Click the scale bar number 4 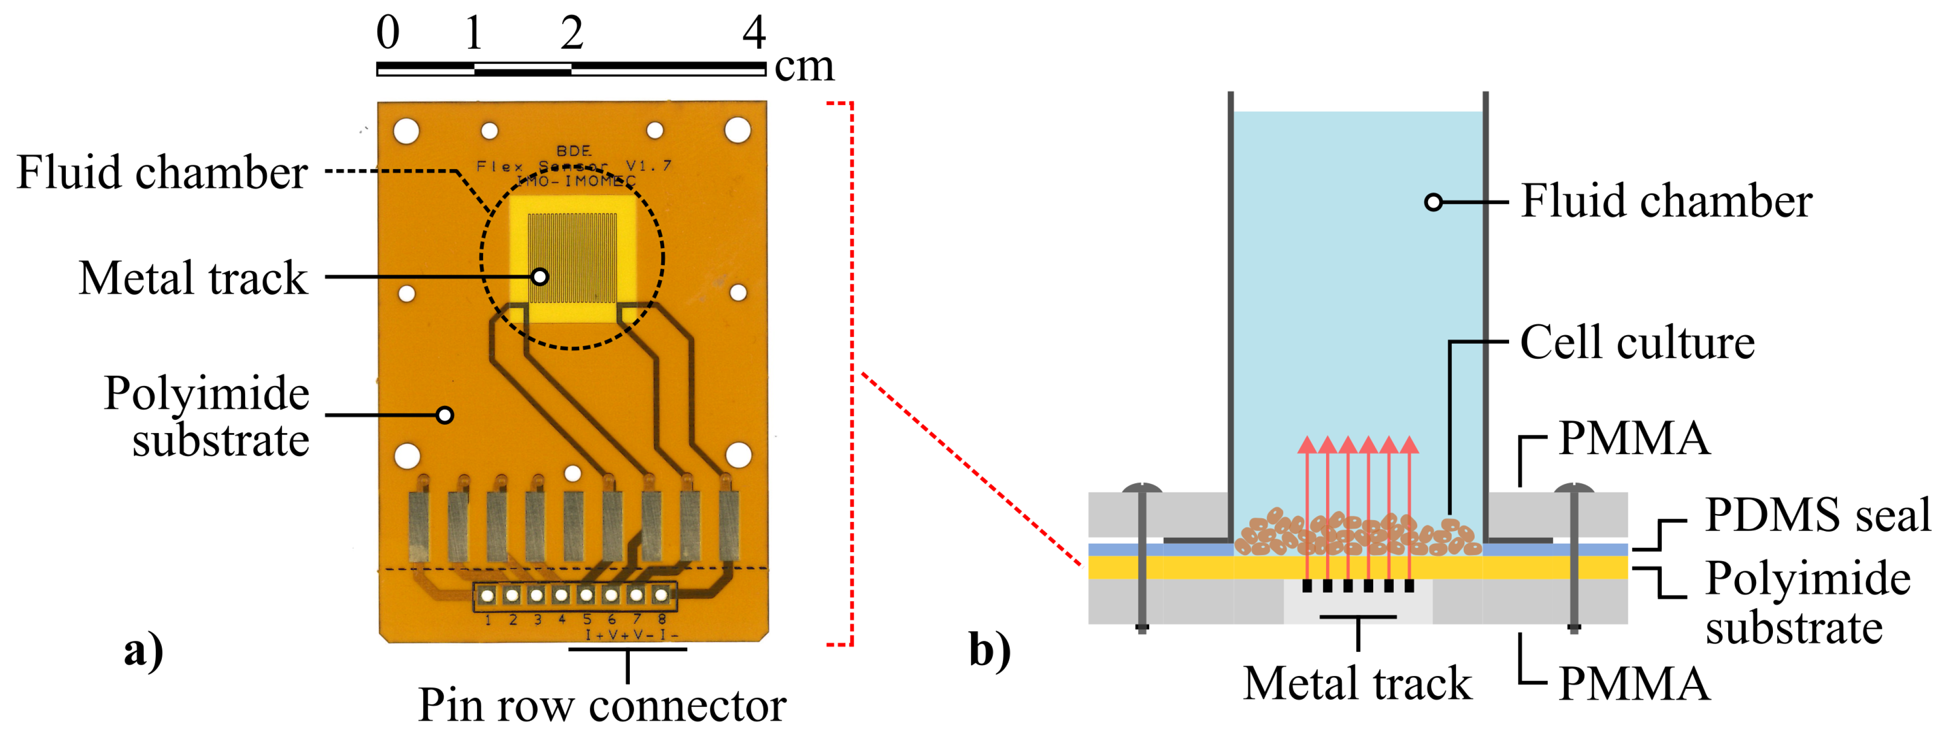754,33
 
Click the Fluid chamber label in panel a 162,172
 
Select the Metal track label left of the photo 193,278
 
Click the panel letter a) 143,649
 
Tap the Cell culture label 1637,343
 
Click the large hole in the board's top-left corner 406,131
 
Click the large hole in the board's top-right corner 737,130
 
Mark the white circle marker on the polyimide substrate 445,415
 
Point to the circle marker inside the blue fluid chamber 1433,202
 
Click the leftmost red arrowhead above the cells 1307,444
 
